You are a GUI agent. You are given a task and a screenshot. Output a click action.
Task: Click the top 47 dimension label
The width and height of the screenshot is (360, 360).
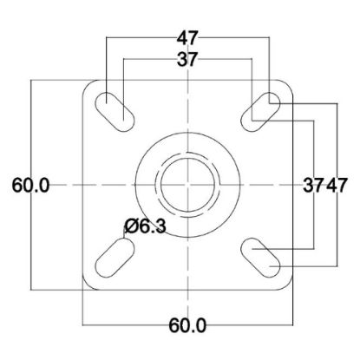click(187, 38)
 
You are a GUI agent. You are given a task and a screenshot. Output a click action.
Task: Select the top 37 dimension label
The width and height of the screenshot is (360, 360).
click(187, 60)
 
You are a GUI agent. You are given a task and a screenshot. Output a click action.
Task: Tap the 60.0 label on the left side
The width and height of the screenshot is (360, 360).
click(30, 185)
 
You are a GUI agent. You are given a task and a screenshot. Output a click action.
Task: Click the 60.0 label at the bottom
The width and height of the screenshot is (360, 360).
click(187, 325)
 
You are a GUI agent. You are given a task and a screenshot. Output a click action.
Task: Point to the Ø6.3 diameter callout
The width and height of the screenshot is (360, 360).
click(145, 226)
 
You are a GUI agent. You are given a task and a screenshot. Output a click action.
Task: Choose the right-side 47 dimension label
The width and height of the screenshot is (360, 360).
click(337, 185)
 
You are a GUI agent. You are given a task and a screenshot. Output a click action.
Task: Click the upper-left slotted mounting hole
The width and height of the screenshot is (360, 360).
click(115, 112)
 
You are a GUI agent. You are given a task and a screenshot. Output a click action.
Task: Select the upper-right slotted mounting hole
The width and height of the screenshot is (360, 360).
click(260, 112)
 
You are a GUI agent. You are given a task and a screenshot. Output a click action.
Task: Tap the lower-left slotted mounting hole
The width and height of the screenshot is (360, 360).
click(115, 258)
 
